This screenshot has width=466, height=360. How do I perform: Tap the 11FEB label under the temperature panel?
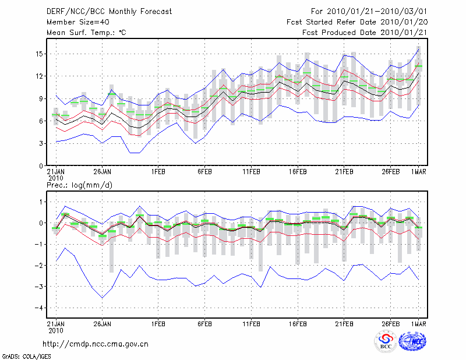(x=250, y=172)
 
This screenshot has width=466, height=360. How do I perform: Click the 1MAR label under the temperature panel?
(x=419, y=172)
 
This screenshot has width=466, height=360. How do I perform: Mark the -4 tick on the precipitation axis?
(x=37, y=308)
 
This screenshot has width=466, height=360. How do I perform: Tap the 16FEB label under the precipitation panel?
(x=297, y=322)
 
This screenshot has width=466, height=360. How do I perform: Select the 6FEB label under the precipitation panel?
(x=204, y=322)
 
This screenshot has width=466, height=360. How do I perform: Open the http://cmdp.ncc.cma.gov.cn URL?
(x=96, y=344)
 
